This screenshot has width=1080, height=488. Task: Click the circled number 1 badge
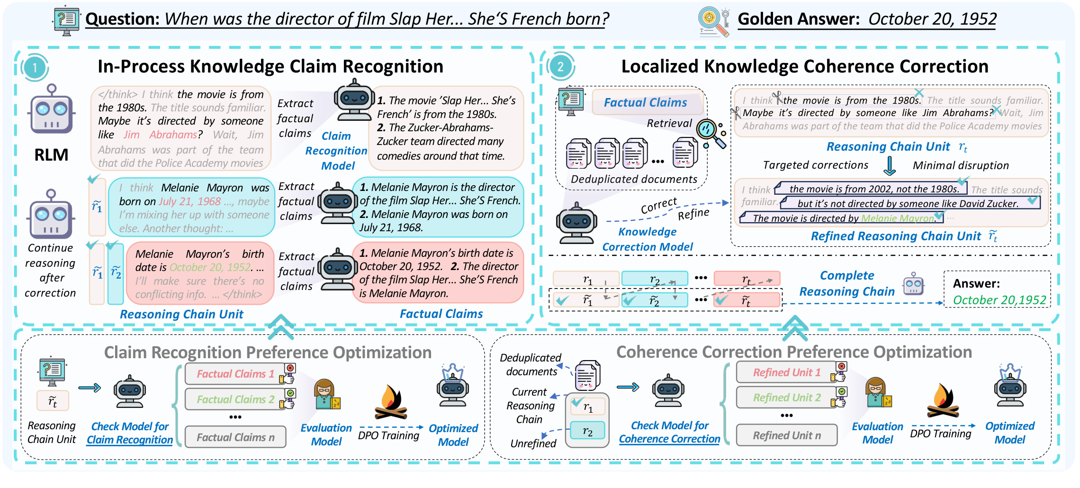point(35,68)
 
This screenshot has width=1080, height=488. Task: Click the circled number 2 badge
point(560,66)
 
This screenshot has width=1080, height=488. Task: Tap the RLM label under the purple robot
point(51,155)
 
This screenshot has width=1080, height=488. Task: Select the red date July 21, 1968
point(190,201)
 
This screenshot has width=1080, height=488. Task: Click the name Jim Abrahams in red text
point(160,135)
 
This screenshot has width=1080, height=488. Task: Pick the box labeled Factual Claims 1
point(235,374)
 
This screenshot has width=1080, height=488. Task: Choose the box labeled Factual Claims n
point(235,437)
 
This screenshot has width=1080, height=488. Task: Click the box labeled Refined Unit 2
point(787,398)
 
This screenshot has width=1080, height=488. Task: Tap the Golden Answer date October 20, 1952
point(932,19)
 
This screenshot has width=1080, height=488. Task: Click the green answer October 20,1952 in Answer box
point(999,300)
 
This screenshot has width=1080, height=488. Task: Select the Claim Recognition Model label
point(336,151)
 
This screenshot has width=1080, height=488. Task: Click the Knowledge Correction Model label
point(648,239)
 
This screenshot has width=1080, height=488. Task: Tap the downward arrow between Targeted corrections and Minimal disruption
point(890,166)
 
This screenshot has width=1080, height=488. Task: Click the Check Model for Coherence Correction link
point(669,432)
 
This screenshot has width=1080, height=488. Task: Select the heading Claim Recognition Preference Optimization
point(268,352)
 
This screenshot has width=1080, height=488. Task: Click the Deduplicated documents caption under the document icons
point(634,179)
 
